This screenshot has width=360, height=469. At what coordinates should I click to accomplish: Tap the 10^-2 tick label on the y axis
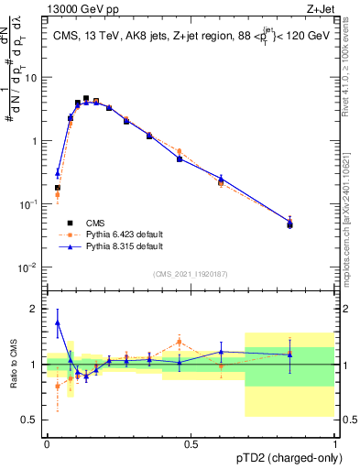tap(30, 267)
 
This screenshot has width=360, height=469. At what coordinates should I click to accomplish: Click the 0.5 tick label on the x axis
tap(191, 444)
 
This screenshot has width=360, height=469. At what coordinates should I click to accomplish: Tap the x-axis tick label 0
tap(47, 444)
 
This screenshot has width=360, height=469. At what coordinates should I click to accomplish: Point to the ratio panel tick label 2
tap(35, 310)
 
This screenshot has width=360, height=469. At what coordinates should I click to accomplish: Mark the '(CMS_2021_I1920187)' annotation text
tap(191, 273)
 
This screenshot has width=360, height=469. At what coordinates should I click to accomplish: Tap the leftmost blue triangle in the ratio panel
tap(58, 322)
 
